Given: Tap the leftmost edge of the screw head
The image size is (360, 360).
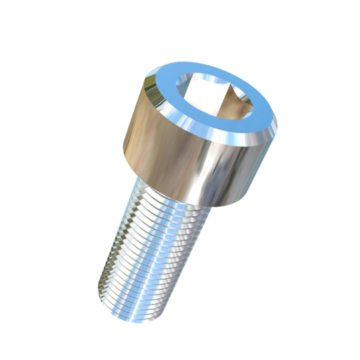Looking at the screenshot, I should [125, 144].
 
